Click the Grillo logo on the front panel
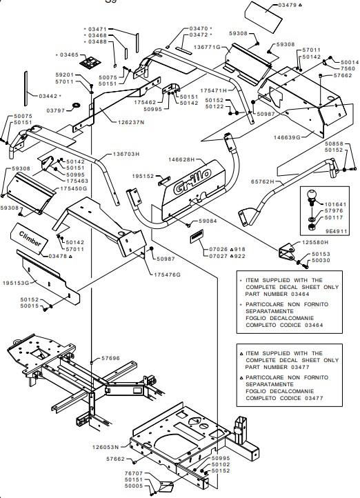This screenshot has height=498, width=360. coord(192,181)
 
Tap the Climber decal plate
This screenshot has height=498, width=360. coord(30,239)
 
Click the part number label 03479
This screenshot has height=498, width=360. coord(288,5)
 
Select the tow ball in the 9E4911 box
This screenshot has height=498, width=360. coord(312,197)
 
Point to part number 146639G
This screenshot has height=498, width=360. coord(287,137)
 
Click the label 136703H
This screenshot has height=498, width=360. coord(126,155)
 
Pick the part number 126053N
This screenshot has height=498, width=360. coord(106,447)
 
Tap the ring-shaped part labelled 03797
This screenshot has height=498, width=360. coord(76,105)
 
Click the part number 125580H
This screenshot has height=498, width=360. coord(315,242)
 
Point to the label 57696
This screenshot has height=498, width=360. coord(110,358)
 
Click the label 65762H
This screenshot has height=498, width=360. coord(262,181)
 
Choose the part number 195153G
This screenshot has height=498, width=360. coord(16,283)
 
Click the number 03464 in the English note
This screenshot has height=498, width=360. coord(300,294)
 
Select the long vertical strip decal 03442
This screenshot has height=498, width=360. coord(26,88)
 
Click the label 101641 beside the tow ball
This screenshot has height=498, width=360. coord(335,205)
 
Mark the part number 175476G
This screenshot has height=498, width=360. coord(168,275)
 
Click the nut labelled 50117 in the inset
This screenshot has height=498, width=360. coord(312,227)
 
